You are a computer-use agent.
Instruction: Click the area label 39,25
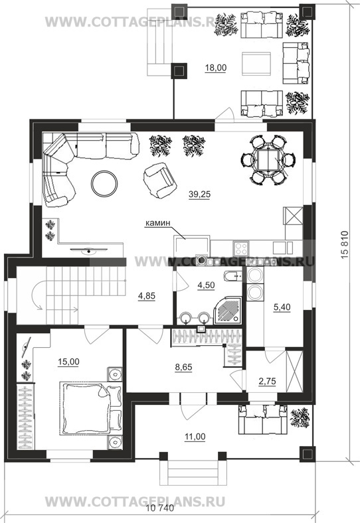coord(199,194)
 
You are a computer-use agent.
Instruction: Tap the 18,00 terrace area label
coord(216,68)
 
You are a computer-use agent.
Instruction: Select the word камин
coord(157,223)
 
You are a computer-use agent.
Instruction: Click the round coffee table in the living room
coord(104,183)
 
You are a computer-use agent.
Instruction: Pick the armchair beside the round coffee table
coord(159,181)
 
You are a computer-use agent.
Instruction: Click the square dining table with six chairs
coord(268,159)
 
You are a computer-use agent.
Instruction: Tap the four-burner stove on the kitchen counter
coord(241,248)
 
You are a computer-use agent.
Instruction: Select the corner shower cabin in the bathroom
coord(226,311)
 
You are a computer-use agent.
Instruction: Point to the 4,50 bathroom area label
coord(206,286)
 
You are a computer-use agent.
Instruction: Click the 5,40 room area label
coord(282,307)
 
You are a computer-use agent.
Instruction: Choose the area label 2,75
coord(267,381)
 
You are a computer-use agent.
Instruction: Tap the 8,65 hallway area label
coord(183,367)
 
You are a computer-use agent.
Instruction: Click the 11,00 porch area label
coord(195,436)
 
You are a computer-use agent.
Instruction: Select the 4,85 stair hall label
coord(147,296)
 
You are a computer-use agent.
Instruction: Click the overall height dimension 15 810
coord(345,244)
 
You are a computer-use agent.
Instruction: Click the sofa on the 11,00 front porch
coord(263,419)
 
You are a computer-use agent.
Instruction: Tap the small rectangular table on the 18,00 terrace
coord(256,63)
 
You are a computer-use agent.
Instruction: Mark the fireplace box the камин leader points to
coord(191,247)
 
